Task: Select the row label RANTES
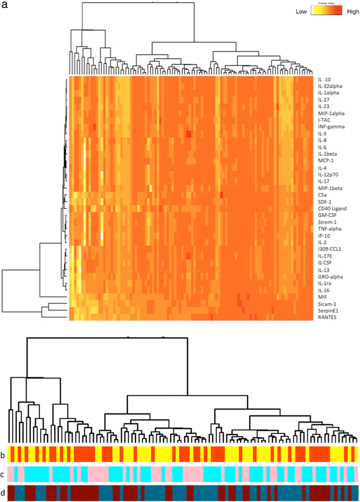326,317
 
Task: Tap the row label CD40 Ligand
332,208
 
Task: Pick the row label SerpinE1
328,310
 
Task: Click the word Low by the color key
302,11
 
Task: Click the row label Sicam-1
326,304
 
